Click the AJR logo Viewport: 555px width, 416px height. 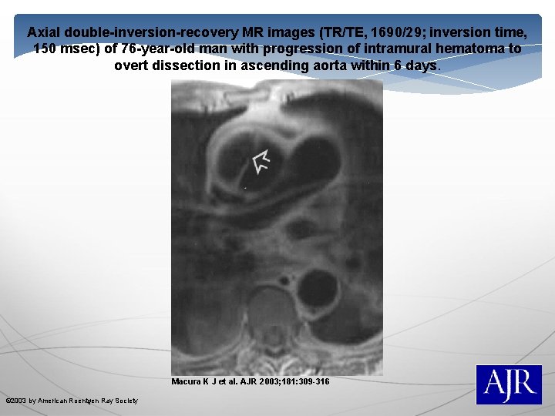click(508, 384)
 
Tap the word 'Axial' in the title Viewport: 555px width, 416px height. click(44, 33)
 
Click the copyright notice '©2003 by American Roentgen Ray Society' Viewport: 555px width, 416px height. click(72, 401)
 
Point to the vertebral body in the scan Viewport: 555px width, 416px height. click(271, 308)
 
